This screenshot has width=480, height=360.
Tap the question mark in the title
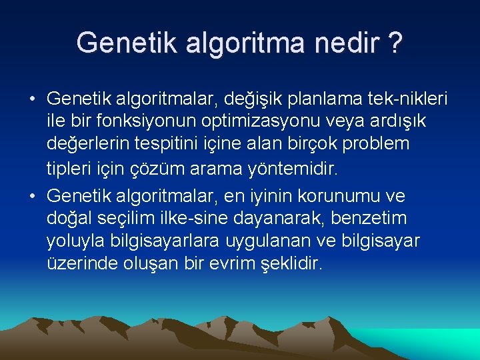(x=395, y=43)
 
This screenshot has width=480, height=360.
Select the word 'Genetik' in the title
(x=125, y=43)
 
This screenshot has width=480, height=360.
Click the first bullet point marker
(x=32, y=100)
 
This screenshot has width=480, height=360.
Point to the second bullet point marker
(x=32, y=197)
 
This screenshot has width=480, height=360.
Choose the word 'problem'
(x=379, y=144)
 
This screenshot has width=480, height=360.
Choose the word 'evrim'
(x=234, y=263)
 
